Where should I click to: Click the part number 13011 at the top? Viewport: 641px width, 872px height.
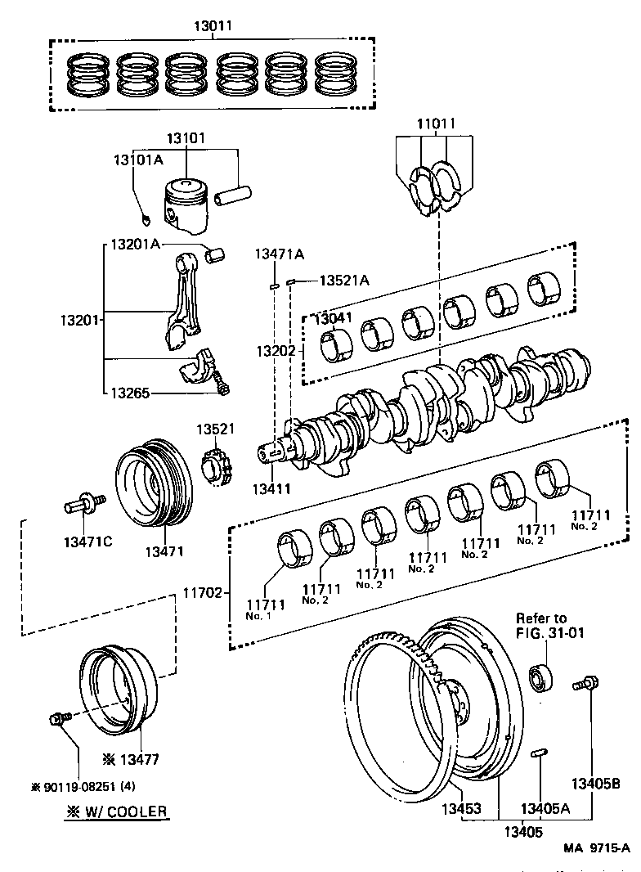click(213, 26)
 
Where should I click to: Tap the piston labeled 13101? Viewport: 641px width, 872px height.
click(186, 205)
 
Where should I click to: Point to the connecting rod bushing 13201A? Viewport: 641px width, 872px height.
click(217, 255)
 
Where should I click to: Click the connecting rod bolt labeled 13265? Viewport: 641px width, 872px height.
click(220, 384)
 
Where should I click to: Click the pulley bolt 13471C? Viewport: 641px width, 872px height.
click(80, 505)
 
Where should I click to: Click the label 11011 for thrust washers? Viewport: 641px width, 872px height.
click(434, 125)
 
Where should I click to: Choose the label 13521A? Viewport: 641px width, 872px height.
click(343, 281)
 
